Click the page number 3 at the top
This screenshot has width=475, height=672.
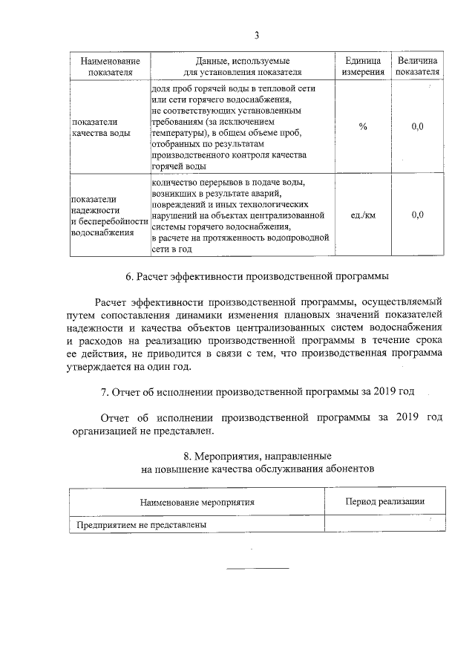point(256,35)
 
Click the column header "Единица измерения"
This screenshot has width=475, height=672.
point(363,66)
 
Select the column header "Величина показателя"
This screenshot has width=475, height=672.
point(417,66)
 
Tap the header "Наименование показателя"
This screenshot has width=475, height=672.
point(110,66)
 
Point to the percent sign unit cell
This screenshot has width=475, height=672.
point(363,127)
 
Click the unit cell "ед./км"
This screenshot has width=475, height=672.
point(363,215)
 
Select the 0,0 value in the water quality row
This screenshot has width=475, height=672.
point(417,127)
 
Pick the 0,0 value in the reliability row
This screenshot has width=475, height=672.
point(417,215)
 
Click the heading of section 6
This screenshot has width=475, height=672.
point(257,277)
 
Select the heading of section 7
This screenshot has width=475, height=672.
point(257,391)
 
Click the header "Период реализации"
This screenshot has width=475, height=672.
point(384,501)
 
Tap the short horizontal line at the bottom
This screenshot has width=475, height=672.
point(257,569)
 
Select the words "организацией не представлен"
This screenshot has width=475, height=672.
point(142,431)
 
